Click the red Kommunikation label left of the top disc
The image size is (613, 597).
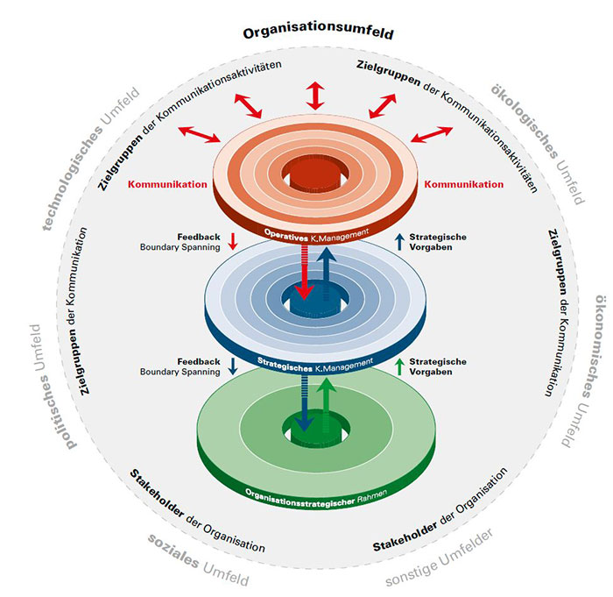click(167, 185)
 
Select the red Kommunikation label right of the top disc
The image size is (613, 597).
click(463, 185)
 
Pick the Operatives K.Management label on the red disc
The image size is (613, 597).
click(306, 231)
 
